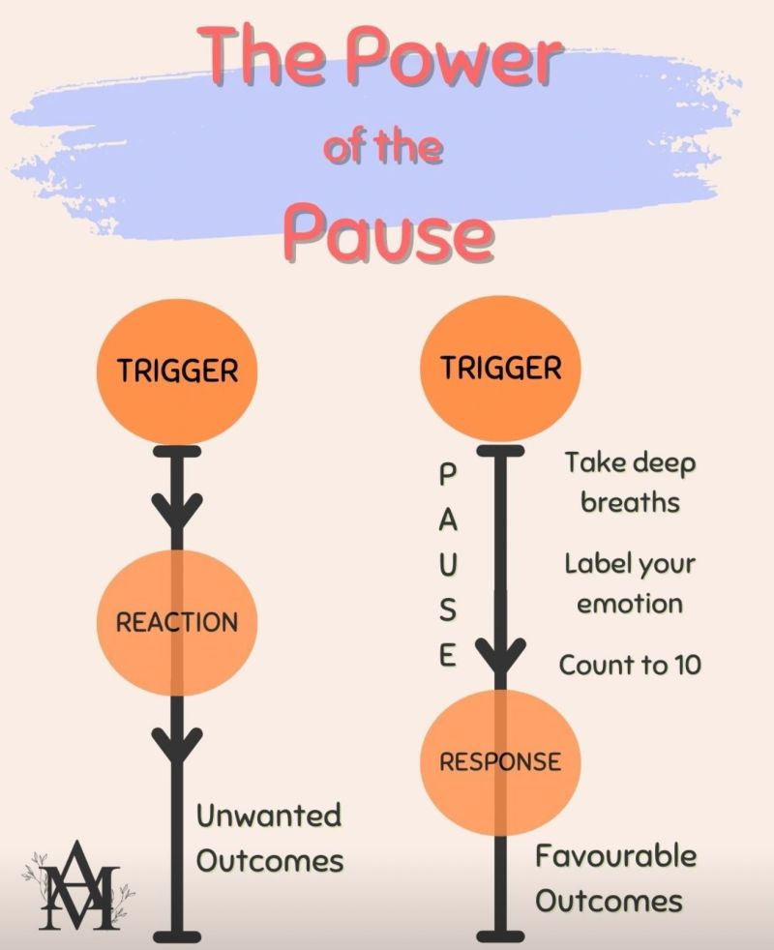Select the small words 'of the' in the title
tap(384, 148)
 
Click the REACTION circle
tap(177, 622)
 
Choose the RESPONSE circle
tap(500, 761)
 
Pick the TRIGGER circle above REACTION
tap(177, 371)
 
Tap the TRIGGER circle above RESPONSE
tap(500, 369)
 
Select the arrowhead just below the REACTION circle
tap(177, 743)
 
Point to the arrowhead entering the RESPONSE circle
tap(500, 662)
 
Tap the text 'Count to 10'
tap(630, 666)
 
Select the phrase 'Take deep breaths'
tap(630, 482)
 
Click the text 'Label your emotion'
tap(630, 583)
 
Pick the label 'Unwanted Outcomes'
tap(270, 837)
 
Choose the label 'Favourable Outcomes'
tap(615, 878)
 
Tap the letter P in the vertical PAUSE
tap(447, 474)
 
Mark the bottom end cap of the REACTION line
tap(177, 935)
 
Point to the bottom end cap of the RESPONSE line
tap(500, 935)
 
